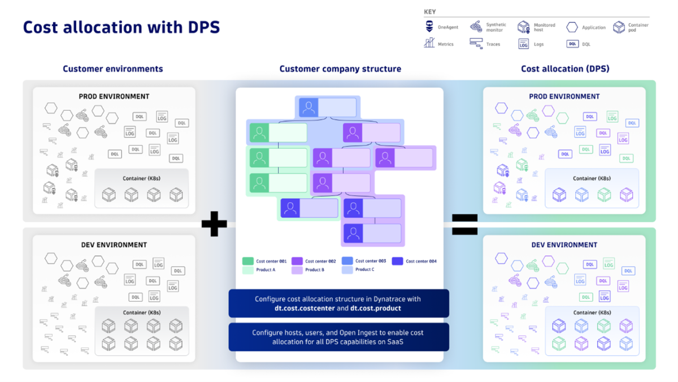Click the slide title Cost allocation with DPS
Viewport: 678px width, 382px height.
(121, 27)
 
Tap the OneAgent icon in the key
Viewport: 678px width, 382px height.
(429, 27)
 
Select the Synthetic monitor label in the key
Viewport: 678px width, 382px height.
(496, 27)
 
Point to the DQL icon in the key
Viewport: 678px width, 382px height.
(572, 44)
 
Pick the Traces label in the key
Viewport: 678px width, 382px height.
(493, 44)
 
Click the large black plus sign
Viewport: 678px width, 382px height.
(214, 224)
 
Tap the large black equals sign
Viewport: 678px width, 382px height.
(464, 224)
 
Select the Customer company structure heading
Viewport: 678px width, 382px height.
(340, 69)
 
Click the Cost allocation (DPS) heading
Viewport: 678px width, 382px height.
(565, 69)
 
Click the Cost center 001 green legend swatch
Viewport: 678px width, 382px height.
(247, 261)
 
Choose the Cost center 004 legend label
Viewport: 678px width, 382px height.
(421, 261)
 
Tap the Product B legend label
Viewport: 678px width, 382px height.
(315, 270)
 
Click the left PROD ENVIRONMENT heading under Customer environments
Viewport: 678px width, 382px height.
(114, 96)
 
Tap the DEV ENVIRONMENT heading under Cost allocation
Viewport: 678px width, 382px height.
(564, 245)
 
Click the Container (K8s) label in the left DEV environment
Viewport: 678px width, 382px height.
(141, 312)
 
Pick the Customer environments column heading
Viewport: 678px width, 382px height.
(112, 69)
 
